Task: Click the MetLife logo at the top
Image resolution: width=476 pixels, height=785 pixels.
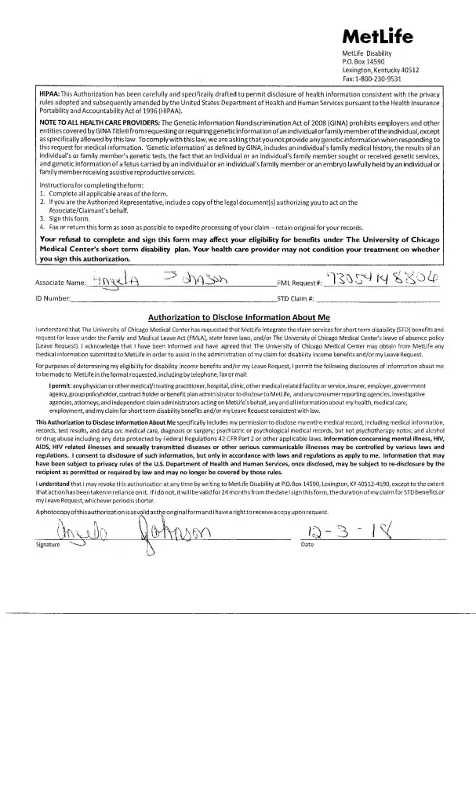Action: [379, 37]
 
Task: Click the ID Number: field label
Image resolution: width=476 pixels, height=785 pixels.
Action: [53, 299]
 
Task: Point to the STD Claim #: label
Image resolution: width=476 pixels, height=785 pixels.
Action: [297, 299]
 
